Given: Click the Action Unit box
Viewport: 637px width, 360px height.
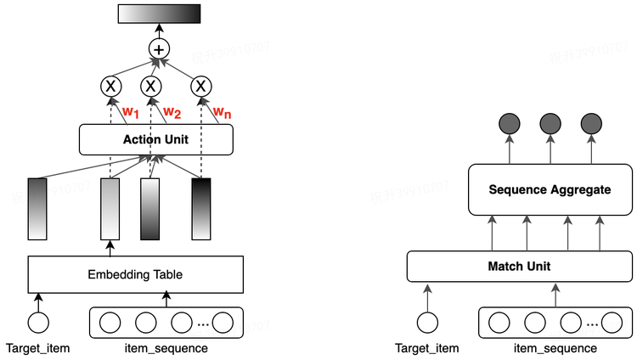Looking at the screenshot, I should [x=155, y=140].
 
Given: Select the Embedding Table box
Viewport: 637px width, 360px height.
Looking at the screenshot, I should [x=135, y=274].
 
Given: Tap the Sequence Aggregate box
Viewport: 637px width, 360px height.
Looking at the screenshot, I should [x=550, y=189].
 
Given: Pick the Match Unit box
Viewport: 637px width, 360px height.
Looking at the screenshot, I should [x=519, y=266].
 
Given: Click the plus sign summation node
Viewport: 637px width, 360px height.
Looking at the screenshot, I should [x=159, y=50].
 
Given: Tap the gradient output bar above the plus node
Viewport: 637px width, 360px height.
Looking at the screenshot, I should [x=159, y=14].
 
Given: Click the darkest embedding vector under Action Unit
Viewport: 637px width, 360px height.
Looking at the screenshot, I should [x=201, y=208].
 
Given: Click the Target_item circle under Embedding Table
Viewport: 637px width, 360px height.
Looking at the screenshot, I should [x=37, y=323].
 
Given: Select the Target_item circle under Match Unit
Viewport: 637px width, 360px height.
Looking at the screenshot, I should [x=427, y=323].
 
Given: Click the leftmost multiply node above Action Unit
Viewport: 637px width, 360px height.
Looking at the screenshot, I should [x=110, y=86].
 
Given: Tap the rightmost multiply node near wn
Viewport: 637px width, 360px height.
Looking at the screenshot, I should [x=200, y=86].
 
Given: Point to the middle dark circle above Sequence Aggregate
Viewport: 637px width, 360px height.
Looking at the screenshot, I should [x=550, y=125].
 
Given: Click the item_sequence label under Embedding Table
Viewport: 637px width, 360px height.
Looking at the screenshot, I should [x=166, y=348].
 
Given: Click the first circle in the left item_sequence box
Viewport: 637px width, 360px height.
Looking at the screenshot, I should [x=111, y=323].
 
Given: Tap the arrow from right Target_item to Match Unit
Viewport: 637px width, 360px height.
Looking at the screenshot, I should [x=427, y=296].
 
